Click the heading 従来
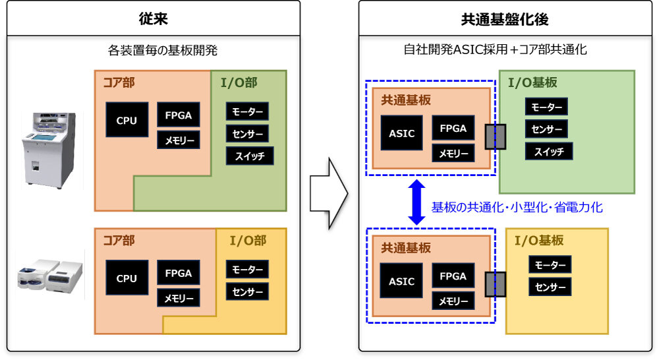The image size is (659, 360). tap(154, 18)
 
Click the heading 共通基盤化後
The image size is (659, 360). tap(505, 18)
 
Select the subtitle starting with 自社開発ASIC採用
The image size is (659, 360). tap(495, 49)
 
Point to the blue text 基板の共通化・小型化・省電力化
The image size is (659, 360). tap(517, 207)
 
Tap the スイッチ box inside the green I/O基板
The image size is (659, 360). tap(549, 151)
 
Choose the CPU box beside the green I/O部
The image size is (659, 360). tap(127, 120)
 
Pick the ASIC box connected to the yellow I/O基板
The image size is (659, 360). tap(401, 281)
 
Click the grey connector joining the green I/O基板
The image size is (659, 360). tap(495, 136)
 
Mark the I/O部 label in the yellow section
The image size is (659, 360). tap(248, 241)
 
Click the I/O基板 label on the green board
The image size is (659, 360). tap(532, 82)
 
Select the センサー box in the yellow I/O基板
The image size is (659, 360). tap(550, 287)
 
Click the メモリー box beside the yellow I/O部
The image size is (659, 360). tap(178, 298)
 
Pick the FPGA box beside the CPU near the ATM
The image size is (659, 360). tap(178, 115)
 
